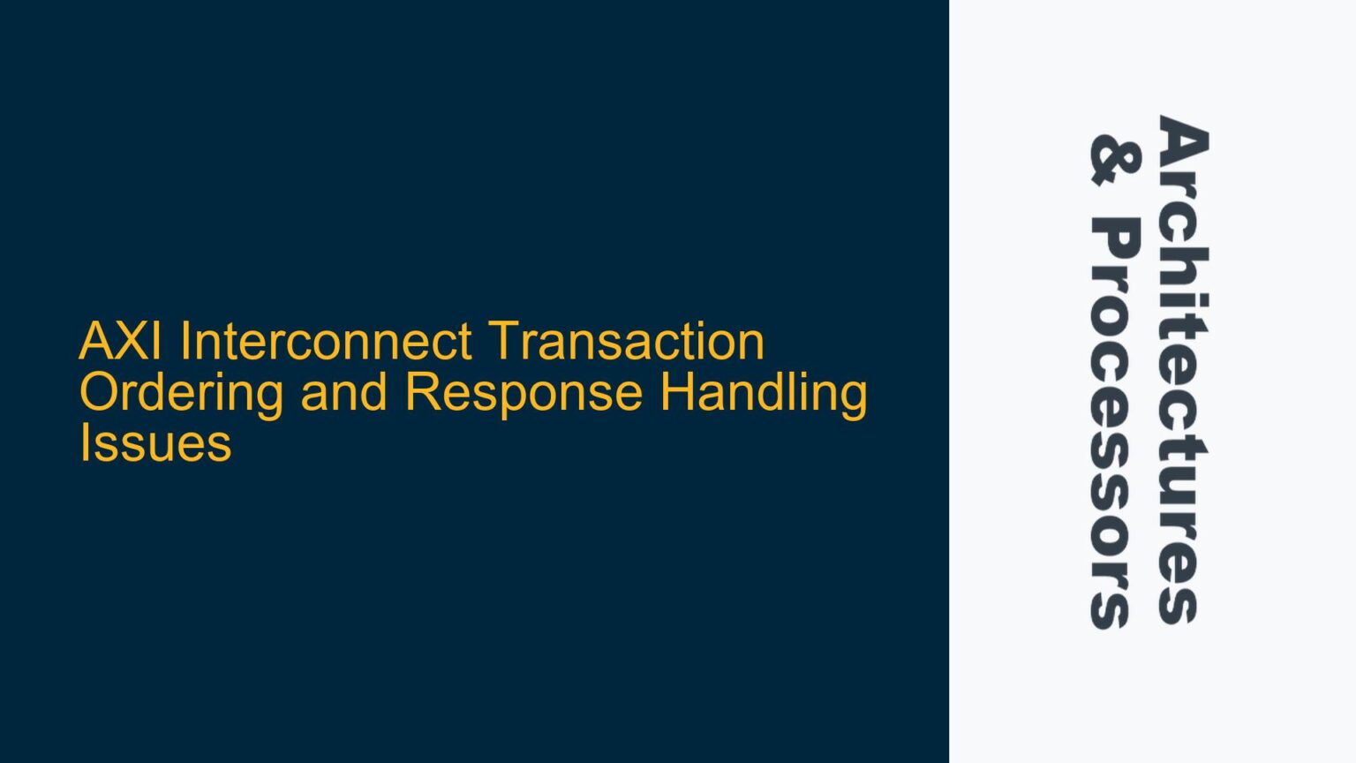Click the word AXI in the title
(x=120, y=342)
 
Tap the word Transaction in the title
(x=625, y=342)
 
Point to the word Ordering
(x=181, y=393)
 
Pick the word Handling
(x=764, y=393)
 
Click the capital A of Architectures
(x=1182, y=139)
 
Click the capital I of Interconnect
(x=185, y=342)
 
